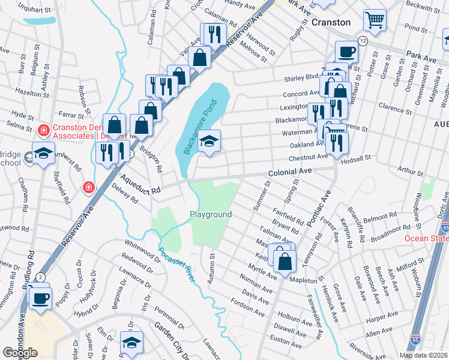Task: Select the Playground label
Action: coord(211,214)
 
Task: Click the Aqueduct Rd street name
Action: coord(139,181)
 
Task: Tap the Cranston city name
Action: coord(331,22)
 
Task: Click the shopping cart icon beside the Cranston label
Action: coord(375,20)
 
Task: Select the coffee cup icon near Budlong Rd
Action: coord(41,298)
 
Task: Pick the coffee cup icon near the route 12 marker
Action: coord(346,52)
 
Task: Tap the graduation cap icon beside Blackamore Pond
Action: coord(209,142)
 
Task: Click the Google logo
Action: coord(19,353)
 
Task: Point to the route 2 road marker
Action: coord(40,277)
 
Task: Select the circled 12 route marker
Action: coord(363,40)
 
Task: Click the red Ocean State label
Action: coord(426,238)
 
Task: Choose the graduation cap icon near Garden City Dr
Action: coord(131,343)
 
